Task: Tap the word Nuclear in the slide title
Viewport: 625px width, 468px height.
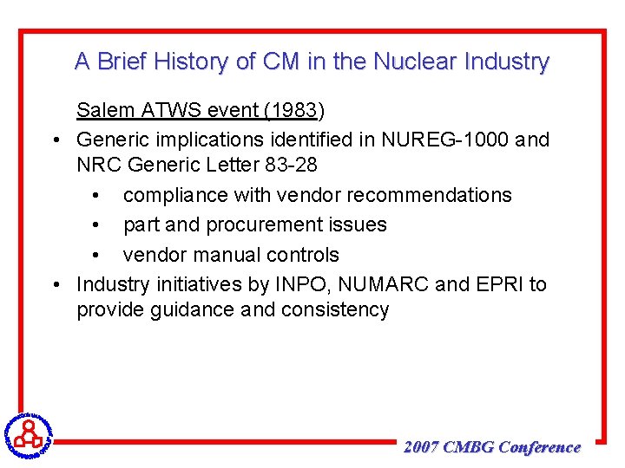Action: click(x=417, y=62)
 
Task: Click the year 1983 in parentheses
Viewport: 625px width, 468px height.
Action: click(x=293, y=110)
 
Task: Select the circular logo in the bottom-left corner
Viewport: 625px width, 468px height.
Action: click(x=28, y=432)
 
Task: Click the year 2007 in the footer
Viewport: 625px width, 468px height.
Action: click(x=422, y=447)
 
